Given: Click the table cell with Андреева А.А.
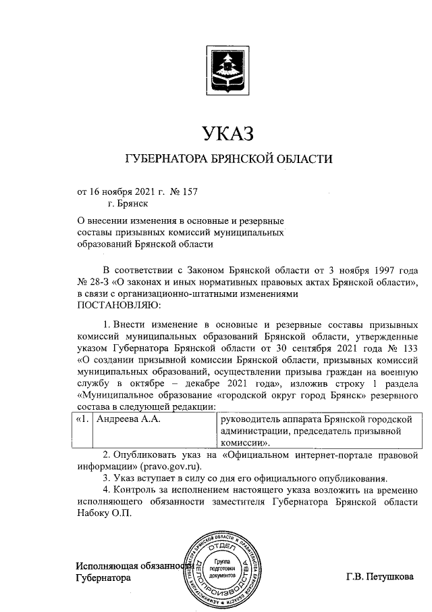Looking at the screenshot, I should pyautogui.click(x=124, y=420).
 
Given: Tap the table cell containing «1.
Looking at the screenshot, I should pyautogui.click(x=81, y=420).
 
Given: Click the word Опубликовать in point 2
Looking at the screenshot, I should pyautogui.click(x=149, y=454).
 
